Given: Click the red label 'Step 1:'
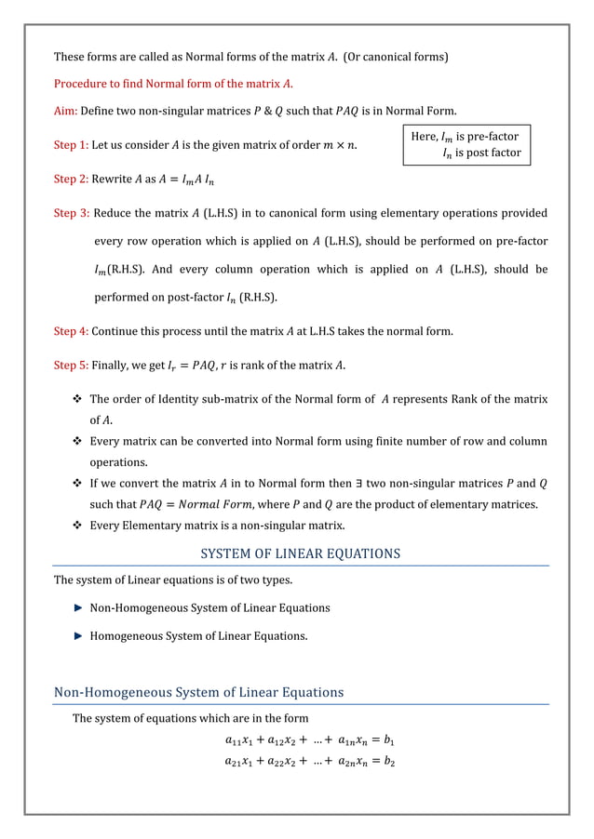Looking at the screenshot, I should point(72,144).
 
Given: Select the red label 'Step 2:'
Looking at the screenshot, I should point(72,179).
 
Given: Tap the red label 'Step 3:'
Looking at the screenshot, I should point(72,214).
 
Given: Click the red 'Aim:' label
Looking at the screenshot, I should point(65,111).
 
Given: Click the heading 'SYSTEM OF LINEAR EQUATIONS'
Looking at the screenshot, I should point(300,553).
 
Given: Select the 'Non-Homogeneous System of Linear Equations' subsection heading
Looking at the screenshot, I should point(198,692).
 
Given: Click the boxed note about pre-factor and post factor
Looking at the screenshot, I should point(466,144).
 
